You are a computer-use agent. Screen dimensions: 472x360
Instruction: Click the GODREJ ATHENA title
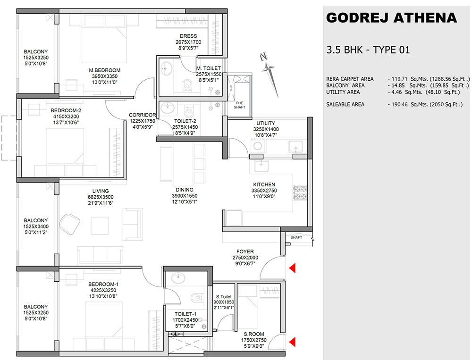(391, 18)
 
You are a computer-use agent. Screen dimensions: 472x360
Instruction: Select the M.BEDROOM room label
(104, 70)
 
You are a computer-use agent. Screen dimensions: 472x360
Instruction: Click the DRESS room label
(188, 36)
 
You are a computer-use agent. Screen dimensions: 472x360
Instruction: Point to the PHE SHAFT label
(240, 105)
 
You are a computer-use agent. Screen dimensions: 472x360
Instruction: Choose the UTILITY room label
(265, 123)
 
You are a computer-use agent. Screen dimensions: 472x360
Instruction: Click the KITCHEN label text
(264, 184)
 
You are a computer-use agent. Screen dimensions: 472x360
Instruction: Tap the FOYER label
(245, 251)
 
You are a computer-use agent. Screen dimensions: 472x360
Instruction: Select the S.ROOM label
(254, 334)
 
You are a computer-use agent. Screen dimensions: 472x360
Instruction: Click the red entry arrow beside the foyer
(292, 268)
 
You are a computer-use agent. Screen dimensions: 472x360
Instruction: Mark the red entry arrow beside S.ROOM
(292, 342)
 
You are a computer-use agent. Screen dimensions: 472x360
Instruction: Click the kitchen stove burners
(300, 193)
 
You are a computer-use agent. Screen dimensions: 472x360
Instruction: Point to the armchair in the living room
(69, 224)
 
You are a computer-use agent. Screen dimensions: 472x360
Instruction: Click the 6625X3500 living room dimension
(101, 197)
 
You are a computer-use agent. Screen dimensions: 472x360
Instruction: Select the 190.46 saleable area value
(400, 104)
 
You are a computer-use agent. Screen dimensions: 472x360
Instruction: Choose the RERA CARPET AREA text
(350, 79)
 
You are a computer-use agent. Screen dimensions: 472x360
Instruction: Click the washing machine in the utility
(258, 146)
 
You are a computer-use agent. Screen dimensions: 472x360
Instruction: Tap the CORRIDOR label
(142, 115)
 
